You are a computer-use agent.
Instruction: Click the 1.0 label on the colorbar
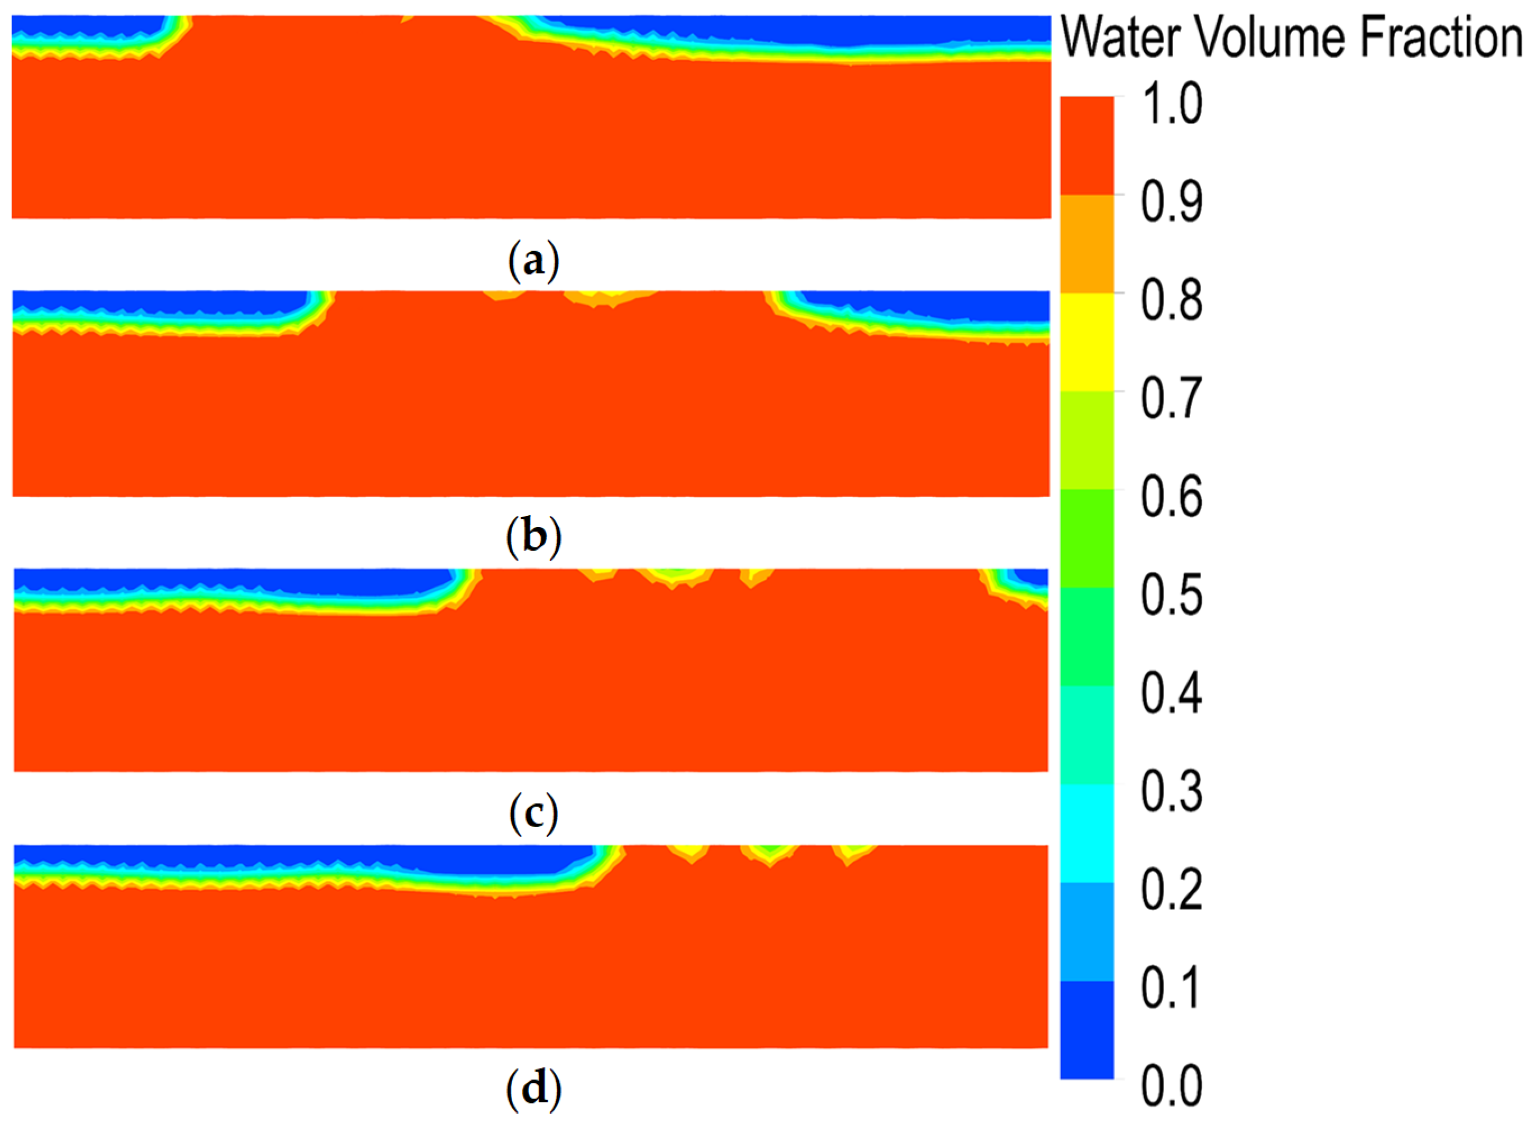click(x=1171, y=104)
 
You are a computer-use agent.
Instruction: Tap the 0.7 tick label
click(x=1171, y=399)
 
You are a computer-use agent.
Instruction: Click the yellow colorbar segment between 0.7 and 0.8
click(x=1086, y=342)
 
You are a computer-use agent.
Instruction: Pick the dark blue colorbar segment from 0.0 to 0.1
click(x=1086, y=1029)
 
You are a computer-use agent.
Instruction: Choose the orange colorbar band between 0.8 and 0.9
click(x=1086, y=243)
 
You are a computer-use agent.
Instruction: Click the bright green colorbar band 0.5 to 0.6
click(x=1086, y=538)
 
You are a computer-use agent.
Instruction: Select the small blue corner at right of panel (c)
click(x=1036, y=576)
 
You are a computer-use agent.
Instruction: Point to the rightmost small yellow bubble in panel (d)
click(x=852, y=852)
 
